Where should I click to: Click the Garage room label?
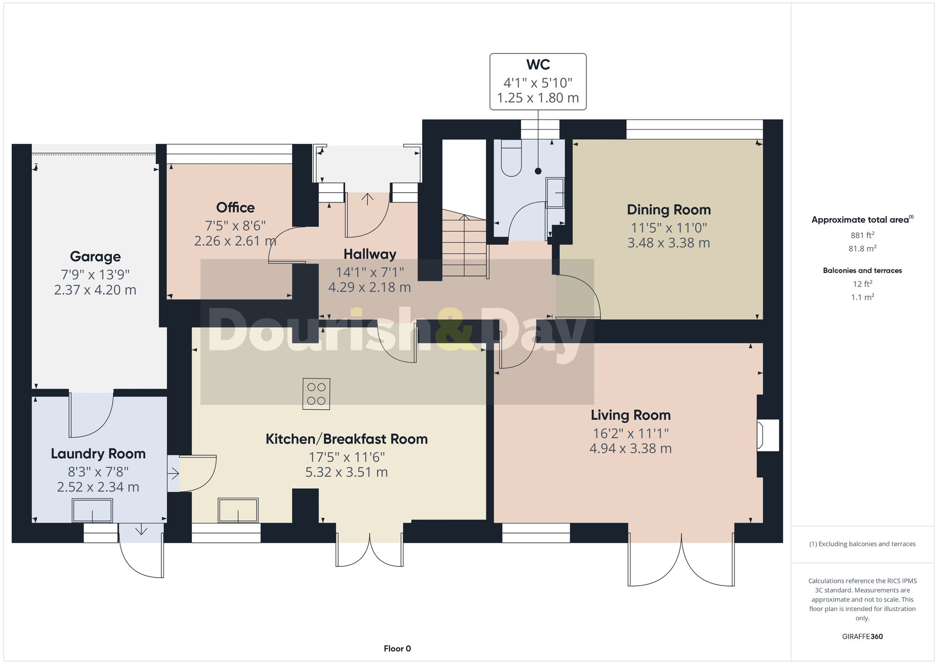coord(95,257)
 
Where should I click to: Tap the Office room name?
coord(235,207)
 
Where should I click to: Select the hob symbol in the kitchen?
coord(316,394)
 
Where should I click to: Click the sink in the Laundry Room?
coord(92,511)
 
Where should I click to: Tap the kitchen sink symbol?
coord(238,511)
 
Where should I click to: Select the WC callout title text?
coord(538,65)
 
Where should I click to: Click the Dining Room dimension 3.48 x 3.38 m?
coord(668,243)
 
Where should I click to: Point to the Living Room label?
coord(630,415)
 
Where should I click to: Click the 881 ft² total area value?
coord(862,235)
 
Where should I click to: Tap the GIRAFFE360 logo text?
coord(862,636)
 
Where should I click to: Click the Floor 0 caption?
coord(397,649)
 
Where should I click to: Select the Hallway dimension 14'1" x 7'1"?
coord(370,272)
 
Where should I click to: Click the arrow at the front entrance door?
coord(367,199)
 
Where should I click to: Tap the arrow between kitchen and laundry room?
coord(173,473)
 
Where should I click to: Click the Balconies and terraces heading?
coord(862,270)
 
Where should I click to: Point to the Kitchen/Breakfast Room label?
coord(347,439)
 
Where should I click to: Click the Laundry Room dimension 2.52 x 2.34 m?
coord(98,487)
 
